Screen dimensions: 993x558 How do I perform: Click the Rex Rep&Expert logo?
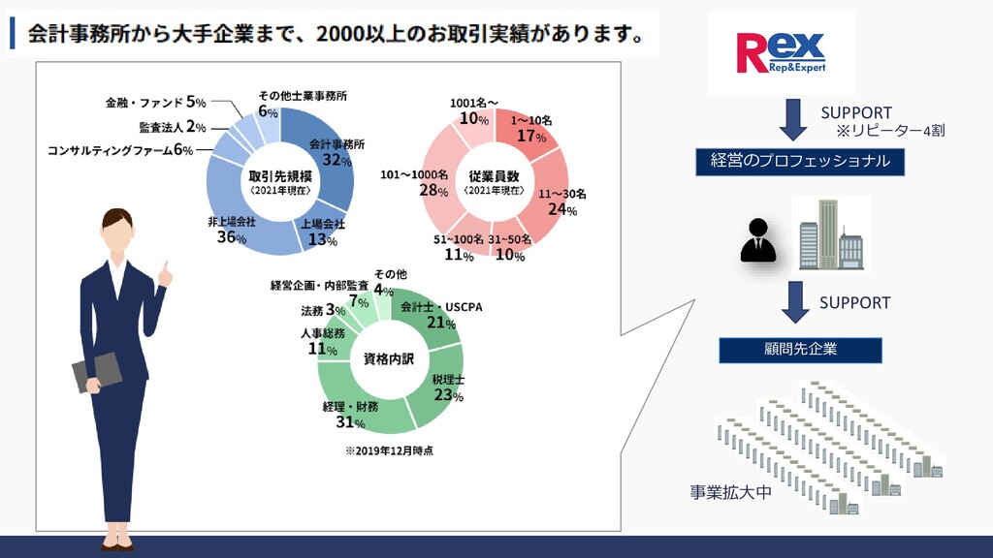780,52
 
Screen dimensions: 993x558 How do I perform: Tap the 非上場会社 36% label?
232,230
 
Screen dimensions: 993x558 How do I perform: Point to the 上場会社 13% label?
316,233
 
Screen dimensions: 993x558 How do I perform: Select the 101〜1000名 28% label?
414,182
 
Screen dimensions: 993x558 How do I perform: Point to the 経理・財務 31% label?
344,415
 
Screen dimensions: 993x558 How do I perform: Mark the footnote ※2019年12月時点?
389,450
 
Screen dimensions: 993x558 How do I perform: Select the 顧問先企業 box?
800,350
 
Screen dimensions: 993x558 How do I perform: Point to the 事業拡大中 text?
731,492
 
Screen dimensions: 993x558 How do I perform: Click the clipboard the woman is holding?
95,373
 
